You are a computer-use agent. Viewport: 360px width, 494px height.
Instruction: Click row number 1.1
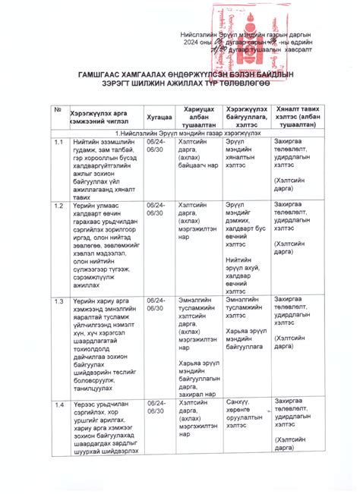tap(58, 142)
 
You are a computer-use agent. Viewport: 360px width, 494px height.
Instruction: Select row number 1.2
tap(58, 206)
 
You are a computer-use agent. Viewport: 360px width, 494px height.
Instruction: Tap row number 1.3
tap(58, 301)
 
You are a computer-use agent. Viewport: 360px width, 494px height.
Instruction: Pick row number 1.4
tap(58, 403)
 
